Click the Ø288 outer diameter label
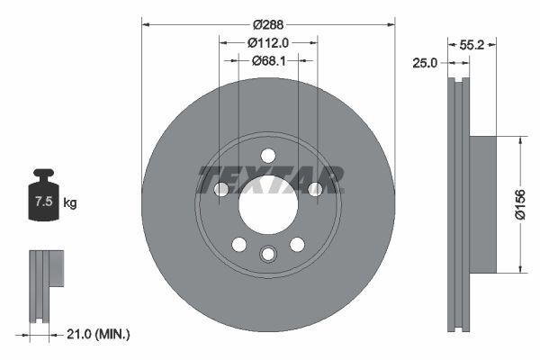tap(268, 24)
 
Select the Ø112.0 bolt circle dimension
tap(268, 41)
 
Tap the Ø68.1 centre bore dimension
tap(268, 60)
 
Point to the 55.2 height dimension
tap(484, 42)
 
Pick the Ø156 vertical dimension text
tap(519, 203)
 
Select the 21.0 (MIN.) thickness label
tap(99, 335)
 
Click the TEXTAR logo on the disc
tap(269, 179)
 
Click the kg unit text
tap(70, 203)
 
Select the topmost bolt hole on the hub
tap(268, 156)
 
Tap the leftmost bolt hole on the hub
tap(221, 189)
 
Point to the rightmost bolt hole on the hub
tap(315, 189)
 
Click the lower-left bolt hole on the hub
tap(239, 244)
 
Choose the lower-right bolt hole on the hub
tap(297, 244)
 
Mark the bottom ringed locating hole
tap(268, 255)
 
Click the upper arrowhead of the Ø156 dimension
tap(519, 140)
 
